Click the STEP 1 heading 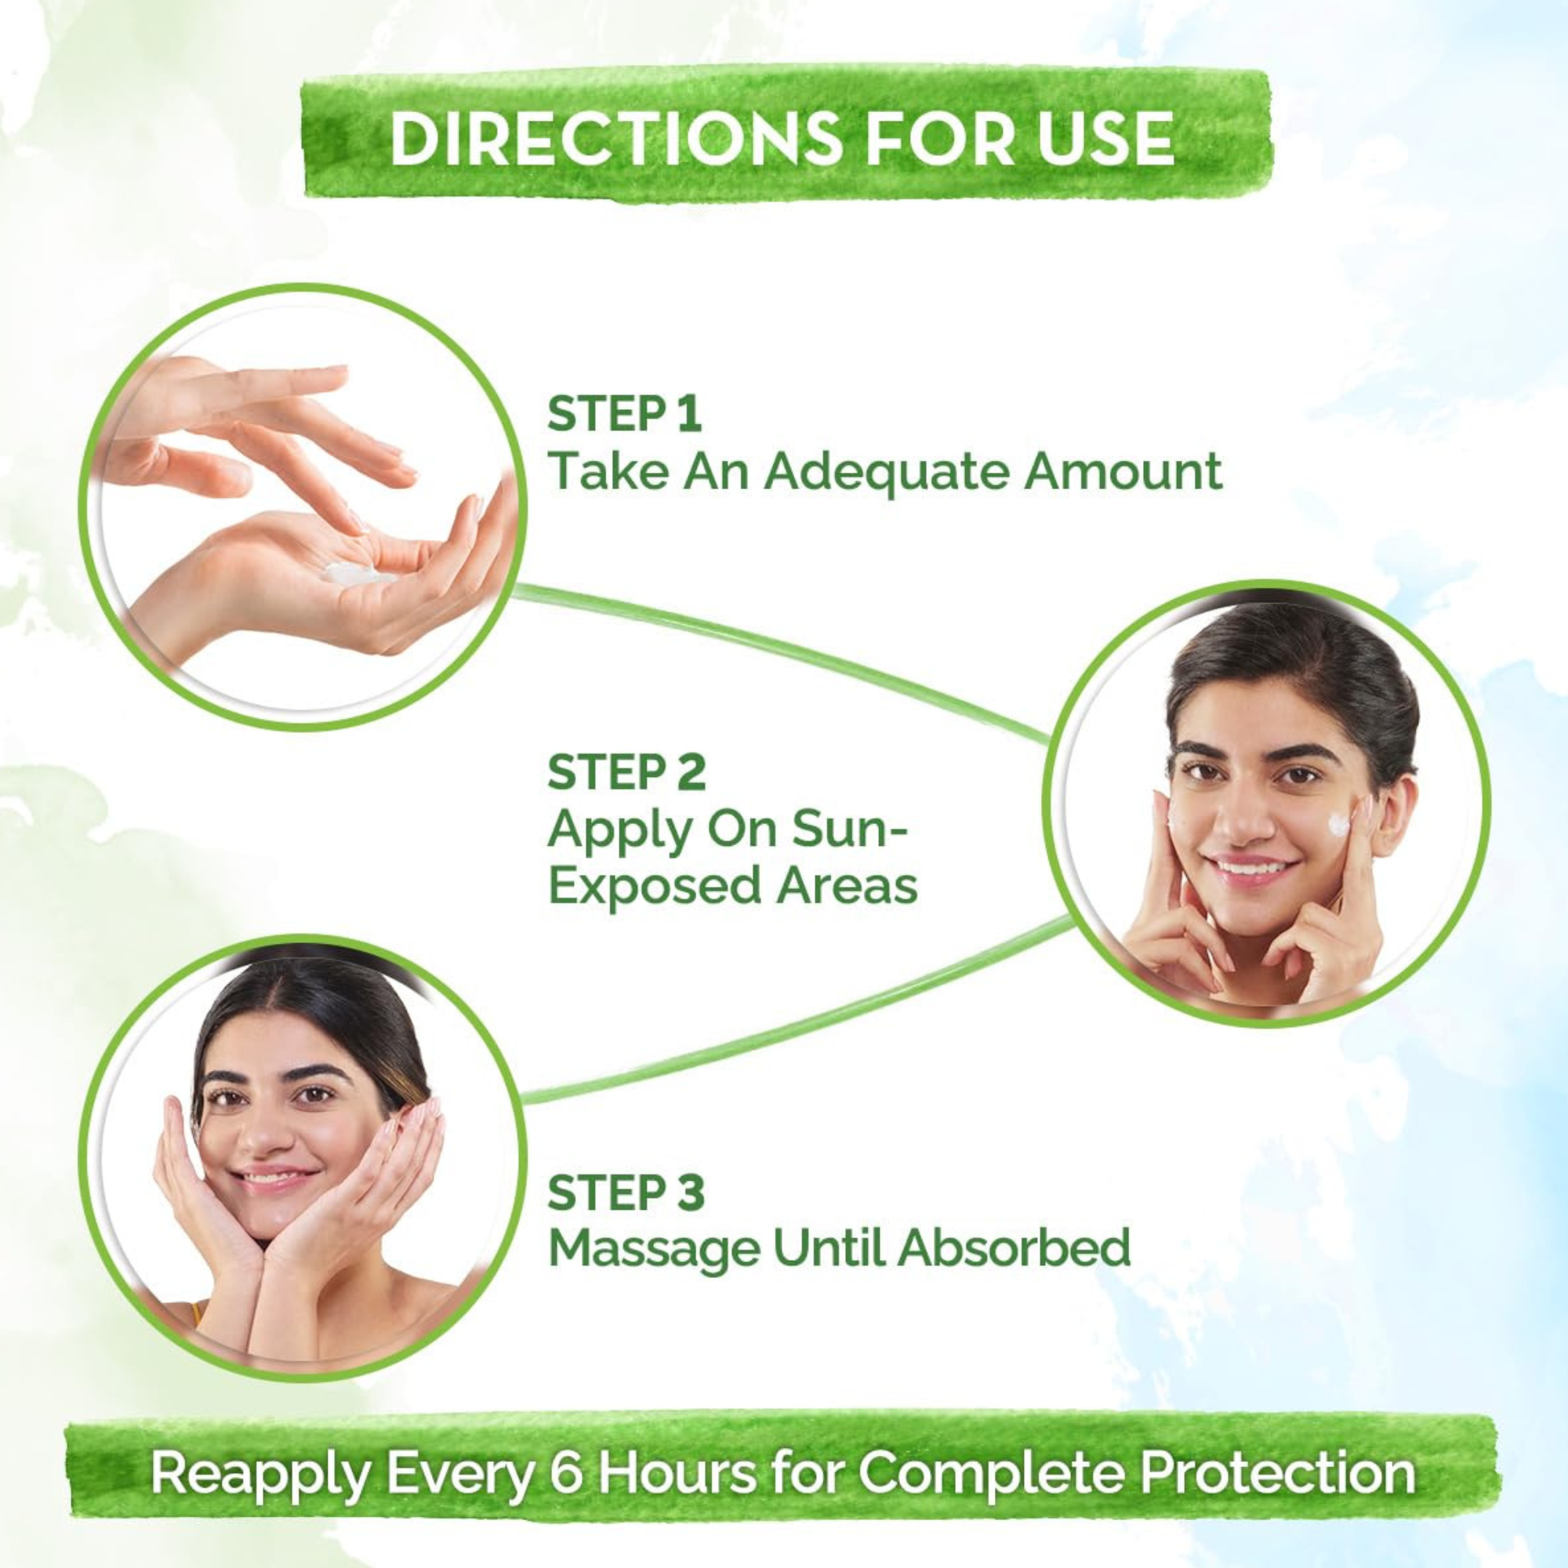tap(624, 414)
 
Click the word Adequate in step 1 tap(888, 471)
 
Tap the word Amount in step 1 tap(1124, 470)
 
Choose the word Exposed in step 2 tap(654, 887)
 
